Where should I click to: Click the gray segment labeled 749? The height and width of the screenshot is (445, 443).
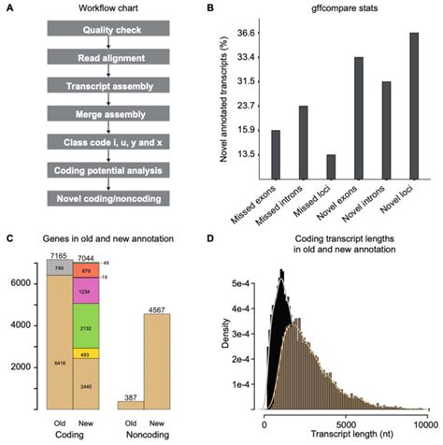click(60, 268)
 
